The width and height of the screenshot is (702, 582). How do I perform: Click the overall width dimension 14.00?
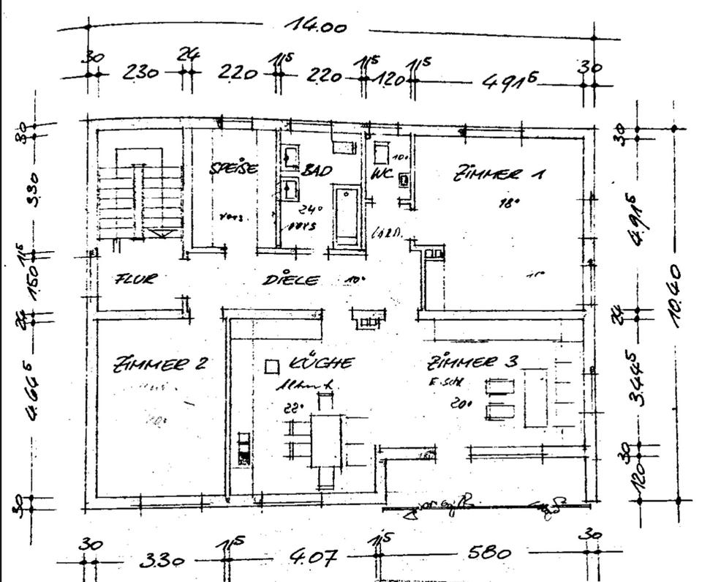315,26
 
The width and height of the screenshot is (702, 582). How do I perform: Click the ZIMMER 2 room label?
161,364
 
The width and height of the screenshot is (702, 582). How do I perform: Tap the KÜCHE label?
322,362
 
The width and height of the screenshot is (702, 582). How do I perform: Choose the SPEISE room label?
234,168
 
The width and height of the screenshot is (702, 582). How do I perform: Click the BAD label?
317,171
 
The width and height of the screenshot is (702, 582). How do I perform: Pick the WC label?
382,174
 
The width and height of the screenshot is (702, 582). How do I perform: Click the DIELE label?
291,280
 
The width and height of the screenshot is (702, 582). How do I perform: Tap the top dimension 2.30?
140,73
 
